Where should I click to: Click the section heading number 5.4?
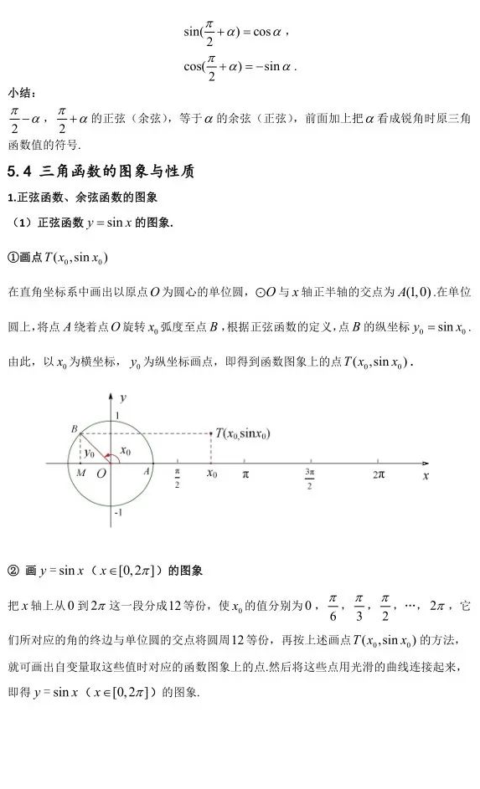coord(19,172)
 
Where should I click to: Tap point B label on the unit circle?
coord(75,428)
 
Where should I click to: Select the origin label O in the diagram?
coord(101,474)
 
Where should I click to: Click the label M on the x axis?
coord(79,473)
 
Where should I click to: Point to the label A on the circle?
coord(147,471)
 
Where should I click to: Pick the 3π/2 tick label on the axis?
coord(310,479)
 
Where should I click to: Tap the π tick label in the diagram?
coord(245,474)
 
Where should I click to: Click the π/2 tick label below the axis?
coord(177,479)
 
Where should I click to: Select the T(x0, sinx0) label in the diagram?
coord(247,433)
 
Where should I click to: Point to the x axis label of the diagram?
coord(425,474)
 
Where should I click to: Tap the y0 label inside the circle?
coord(90,452)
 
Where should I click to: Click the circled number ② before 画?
coord(13,571)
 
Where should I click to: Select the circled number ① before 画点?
coord(13,256)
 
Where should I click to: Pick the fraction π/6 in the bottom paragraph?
coord(333,607)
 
